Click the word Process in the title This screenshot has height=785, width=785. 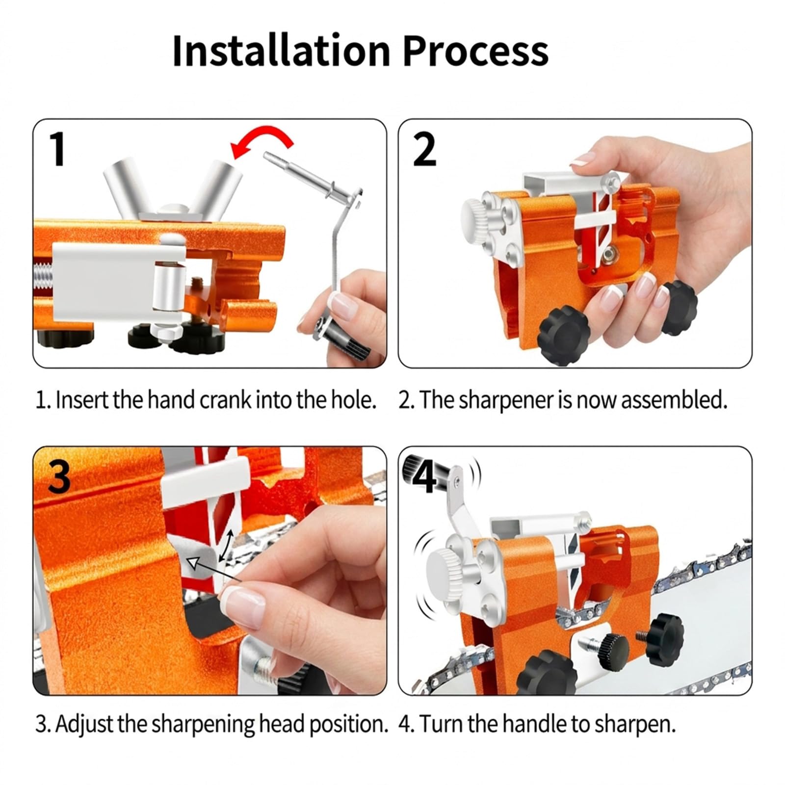pos(475,52)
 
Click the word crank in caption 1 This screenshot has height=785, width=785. pos(226,400)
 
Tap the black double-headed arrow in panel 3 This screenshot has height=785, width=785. pos(226,544)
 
